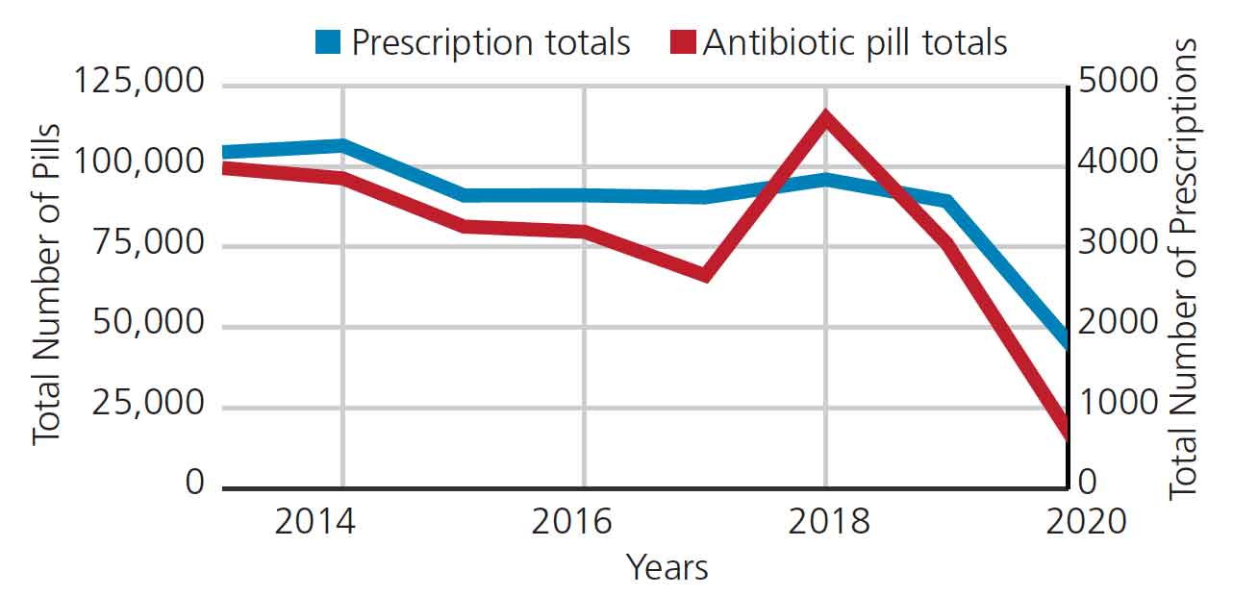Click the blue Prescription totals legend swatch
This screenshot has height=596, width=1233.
[x=328, y=42]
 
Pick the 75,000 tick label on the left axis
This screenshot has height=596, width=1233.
[x=150, y=243]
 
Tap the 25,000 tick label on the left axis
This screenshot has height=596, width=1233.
[x=150, y=404]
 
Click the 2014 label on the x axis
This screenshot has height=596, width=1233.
[x=315, y=522]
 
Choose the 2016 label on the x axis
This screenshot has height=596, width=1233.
[x=571, y=522]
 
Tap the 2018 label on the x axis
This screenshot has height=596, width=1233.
[x=828, y=522]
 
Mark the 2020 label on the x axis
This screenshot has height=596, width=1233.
[x=1085, y=522]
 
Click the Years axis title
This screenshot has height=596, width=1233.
[x=667, y=568]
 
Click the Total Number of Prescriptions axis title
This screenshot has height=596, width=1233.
[x=1185, y=269]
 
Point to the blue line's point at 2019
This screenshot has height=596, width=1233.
[x=946, y=201]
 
